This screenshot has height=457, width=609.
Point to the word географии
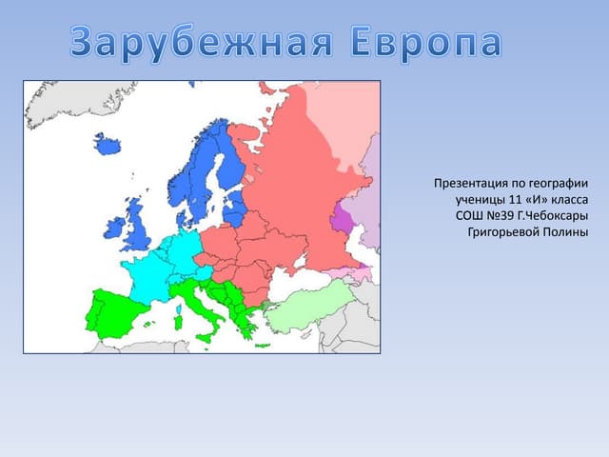557,182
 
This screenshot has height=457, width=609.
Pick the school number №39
498,214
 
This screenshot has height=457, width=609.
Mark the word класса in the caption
566,198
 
